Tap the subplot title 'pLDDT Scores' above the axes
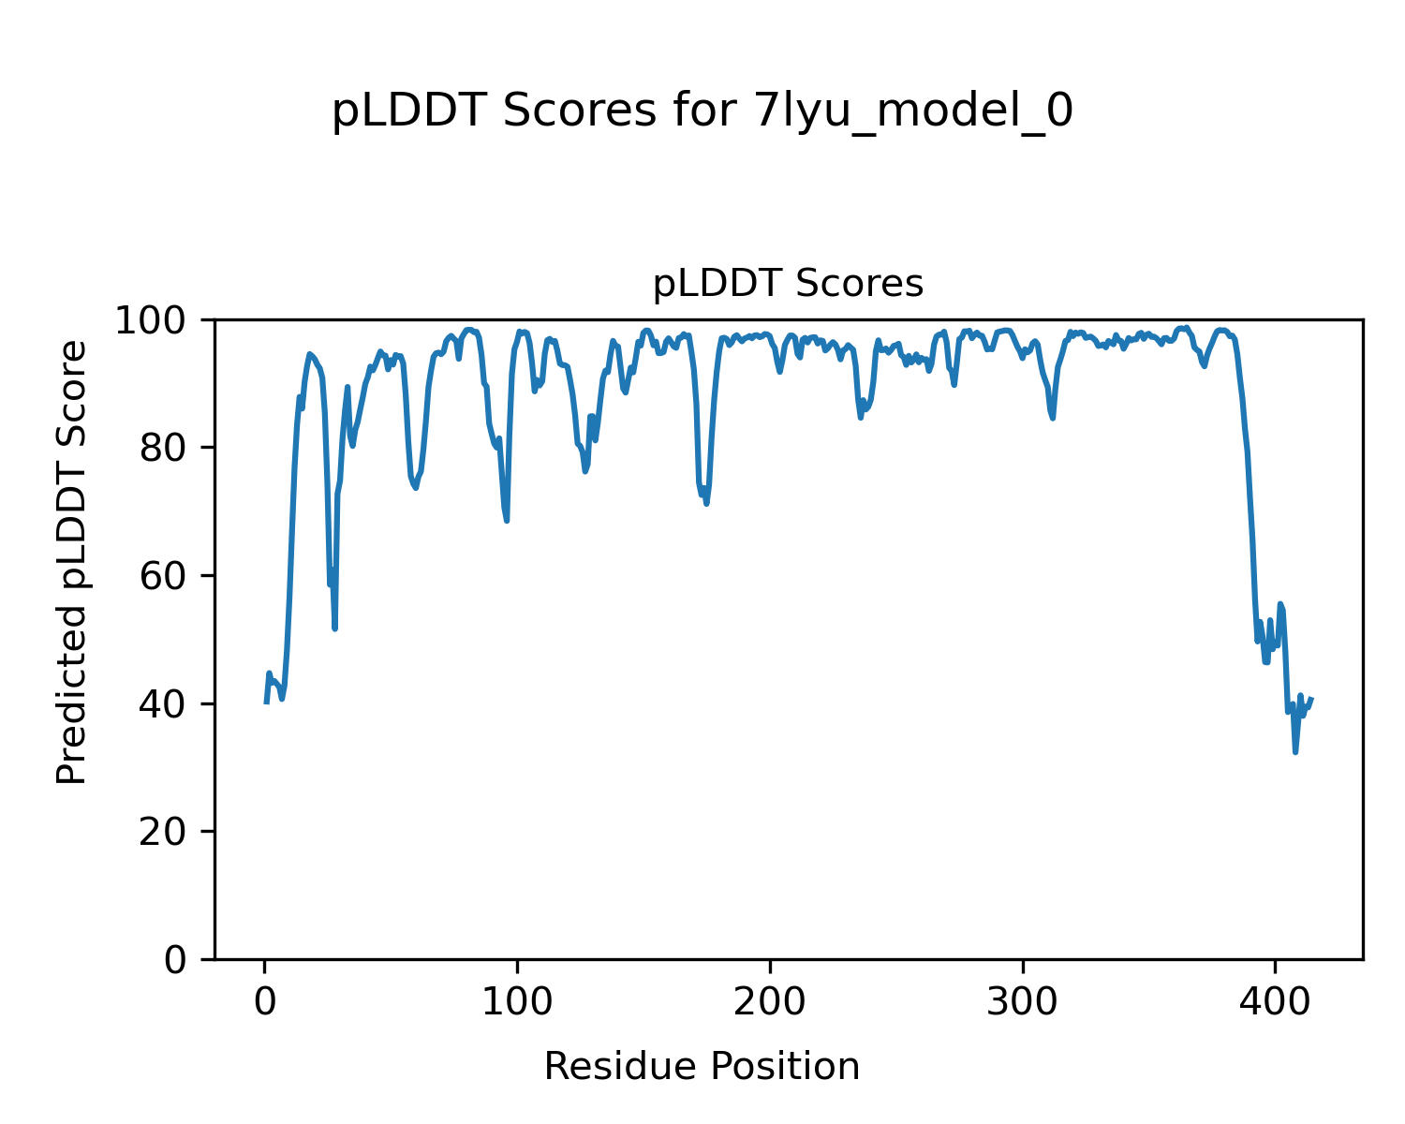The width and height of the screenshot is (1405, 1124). pos(788,284)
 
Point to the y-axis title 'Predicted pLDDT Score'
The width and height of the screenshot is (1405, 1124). pos(72,562)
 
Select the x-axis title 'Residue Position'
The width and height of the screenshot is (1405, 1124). pos(702,1067)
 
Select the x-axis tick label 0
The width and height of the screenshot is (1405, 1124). pos(265,1002)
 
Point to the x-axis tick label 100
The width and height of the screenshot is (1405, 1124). pos(517,1002)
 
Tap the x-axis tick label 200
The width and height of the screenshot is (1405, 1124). pos(770,1002)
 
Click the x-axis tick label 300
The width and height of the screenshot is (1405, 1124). pos(1023,1002)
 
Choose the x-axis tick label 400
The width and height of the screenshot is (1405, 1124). pos(1275,1002)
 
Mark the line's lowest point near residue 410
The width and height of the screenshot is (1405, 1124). pos(1295,752)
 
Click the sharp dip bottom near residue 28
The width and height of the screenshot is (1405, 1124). pos(334,629)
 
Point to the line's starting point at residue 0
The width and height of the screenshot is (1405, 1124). pos(266,702)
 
